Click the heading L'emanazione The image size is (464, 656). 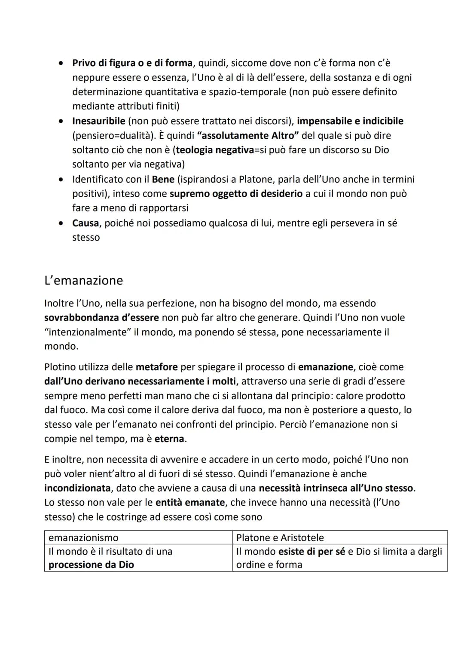84,281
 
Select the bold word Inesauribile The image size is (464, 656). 99,121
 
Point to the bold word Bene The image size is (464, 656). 163,179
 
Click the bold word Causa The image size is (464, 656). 86,223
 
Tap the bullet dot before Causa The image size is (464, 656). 62,223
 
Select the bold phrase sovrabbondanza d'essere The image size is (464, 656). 101,318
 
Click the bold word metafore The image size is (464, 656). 156,367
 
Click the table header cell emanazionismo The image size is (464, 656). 83,538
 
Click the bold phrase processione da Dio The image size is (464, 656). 91,565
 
